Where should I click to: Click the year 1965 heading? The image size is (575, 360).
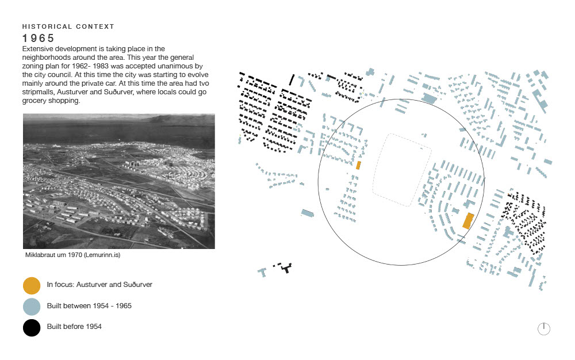click(39, 39)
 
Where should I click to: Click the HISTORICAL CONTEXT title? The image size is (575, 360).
click(68, 26)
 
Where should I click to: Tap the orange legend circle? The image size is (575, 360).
click(32, 285)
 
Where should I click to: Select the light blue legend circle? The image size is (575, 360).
click(32, 307)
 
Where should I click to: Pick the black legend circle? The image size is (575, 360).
click(32, 328)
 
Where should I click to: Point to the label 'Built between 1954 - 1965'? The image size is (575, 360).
click(89, 306)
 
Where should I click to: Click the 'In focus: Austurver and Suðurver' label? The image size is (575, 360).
click(99, 285)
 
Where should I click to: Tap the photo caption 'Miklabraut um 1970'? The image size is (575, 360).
click(55, 255)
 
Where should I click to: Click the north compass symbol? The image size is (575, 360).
click(544, 328)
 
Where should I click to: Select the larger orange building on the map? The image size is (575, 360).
click(468, 221)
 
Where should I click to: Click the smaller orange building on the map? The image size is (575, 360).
click(358, 165)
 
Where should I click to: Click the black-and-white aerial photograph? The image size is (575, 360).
click(118, 181)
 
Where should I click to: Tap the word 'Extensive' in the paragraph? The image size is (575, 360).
click(38, 49)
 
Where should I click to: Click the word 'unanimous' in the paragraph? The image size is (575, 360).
click(172, 67)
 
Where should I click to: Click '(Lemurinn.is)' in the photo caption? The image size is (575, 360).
click(103, 255)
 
